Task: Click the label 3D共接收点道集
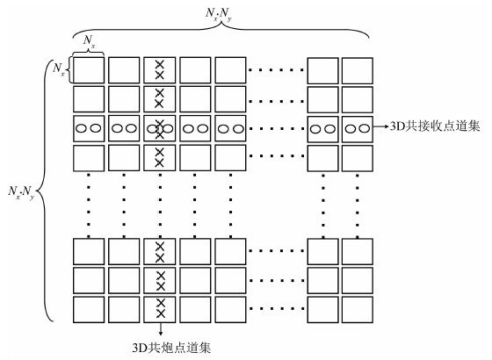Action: (x=435, y=126)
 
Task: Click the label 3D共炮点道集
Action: (x=171, y=348)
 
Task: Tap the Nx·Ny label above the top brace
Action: (x=219, y=14)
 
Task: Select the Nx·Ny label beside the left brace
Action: (x=21, y=192)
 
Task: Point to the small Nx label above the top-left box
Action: (x=89, y=41)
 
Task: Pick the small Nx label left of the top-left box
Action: (x=59, y=69)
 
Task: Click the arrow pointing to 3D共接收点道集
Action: (x=381, y=126)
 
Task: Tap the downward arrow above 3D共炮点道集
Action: (x=160, y=329)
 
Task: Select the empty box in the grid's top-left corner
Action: (x=89, y=70)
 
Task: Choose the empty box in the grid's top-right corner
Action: (x=358, y=70)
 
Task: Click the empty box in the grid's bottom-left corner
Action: (x=89, y=309)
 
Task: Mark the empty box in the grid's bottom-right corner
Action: (x=358, y=309)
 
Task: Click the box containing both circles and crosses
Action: (x=160, y=128)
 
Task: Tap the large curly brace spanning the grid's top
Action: (x=221, y=29)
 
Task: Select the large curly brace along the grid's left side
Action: (x=44, y=190)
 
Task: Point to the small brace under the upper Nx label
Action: (x=89, y=52)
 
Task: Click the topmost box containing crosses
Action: (x=160, y=70)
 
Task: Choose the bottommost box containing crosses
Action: (x=160, y=309)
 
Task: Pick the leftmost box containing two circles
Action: (x=89, y=128)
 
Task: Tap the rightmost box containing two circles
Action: (x=358, y=129)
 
